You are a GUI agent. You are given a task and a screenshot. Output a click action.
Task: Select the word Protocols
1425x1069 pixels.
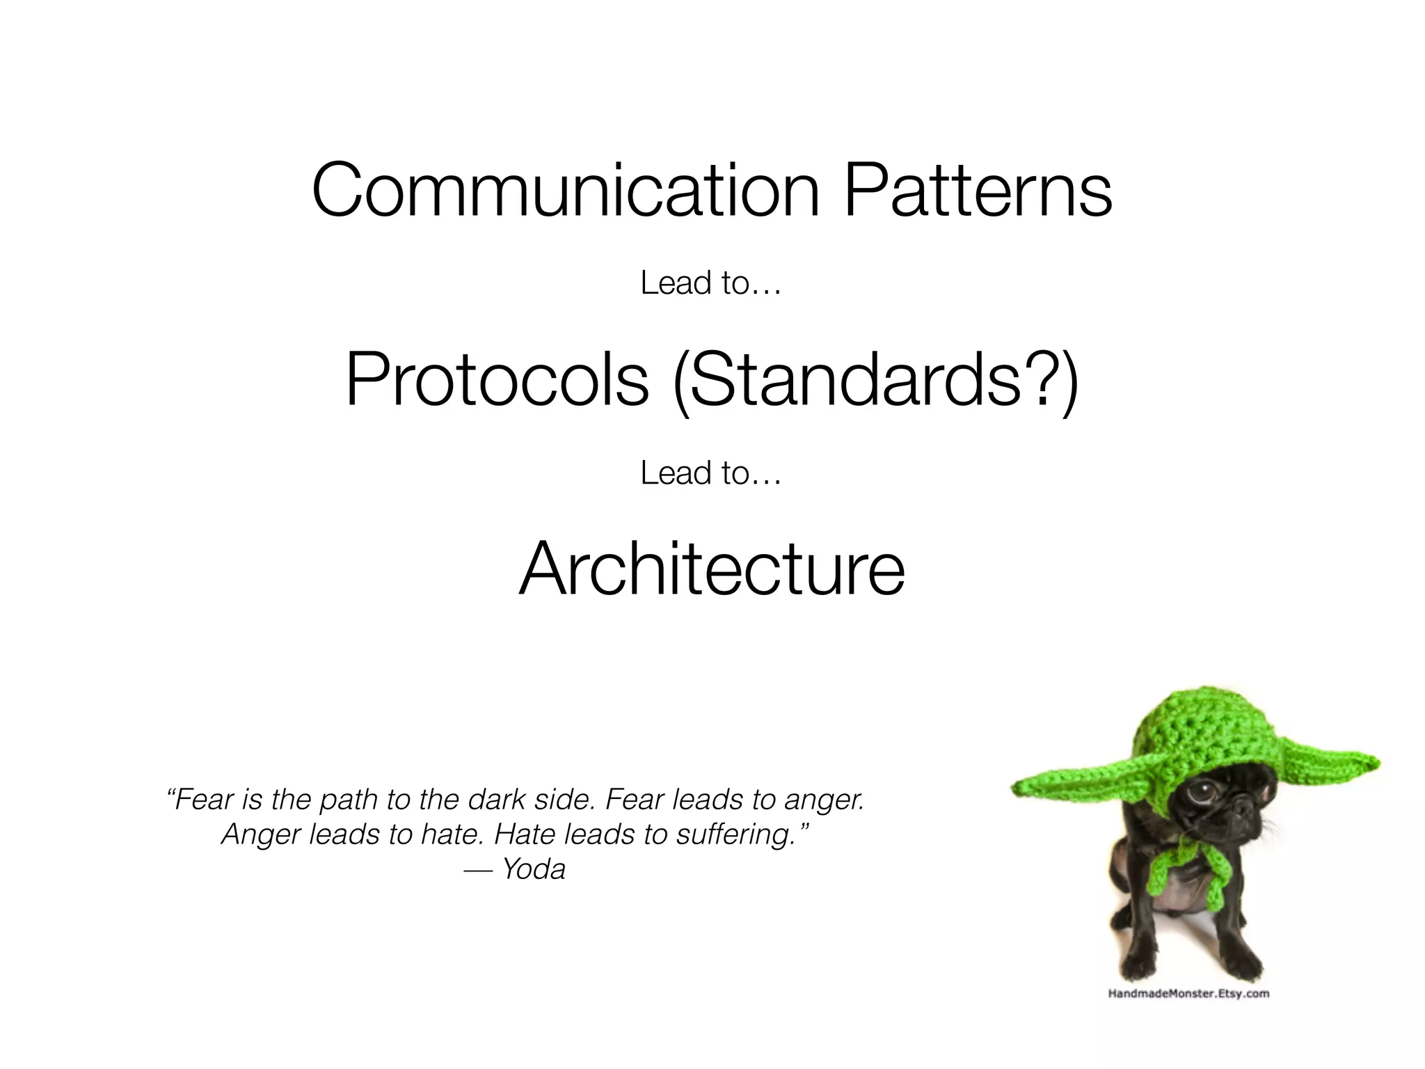tap(497, 380)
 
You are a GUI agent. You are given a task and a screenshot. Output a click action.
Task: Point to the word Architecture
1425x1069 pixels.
tap(711, 569)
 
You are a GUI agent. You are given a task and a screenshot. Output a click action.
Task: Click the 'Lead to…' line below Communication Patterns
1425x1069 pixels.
tap(710, 283)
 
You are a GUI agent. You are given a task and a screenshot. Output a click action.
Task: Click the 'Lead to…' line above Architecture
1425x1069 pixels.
tap(710, 473)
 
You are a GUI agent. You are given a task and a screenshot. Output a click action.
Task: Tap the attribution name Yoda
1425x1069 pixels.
tap(534, 869)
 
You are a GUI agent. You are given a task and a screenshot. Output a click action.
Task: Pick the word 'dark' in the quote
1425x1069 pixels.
tap(496, 800)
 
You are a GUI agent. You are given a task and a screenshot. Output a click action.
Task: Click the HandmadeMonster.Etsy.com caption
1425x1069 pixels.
tap(1188, 994)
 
